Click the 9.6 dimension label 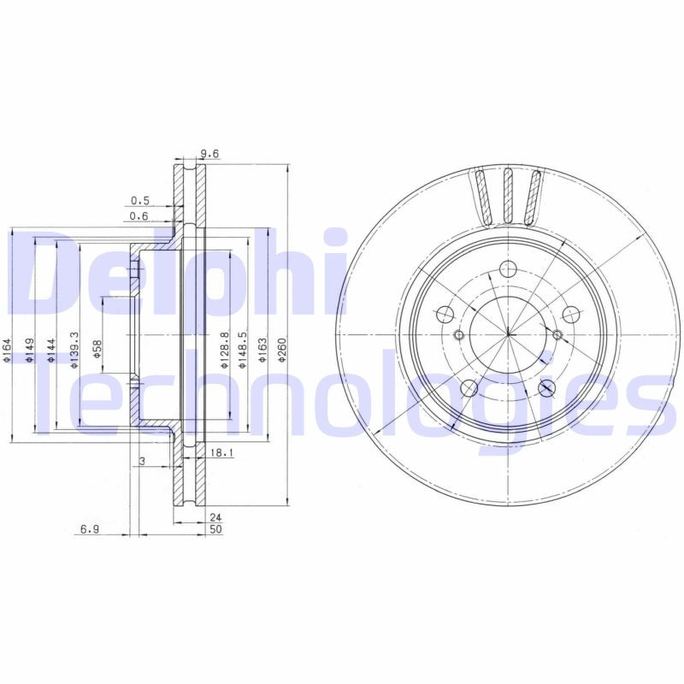pyautogui.click(x=209, y=155)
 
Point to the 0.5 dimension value pyautogui.click(x=139, y=201)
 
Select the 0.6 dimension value pyautogui.click(x=139, y=216)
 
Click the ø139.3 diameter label pyautogui.click(x=74, y=351)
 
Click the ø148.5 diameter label pyautogui.click(x=243, y=351)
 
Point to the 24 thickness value pyautogui.click(x=215, y=517)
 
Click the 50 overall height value pyautogui.click(x=215, y=530)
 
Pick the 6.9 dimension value pyautogui.click(x=91, y=530)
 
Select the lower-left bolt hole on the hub pyautogui.click(x=467, y=389)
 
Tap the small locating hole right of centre pyautogui.click(x=557, y=333)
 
